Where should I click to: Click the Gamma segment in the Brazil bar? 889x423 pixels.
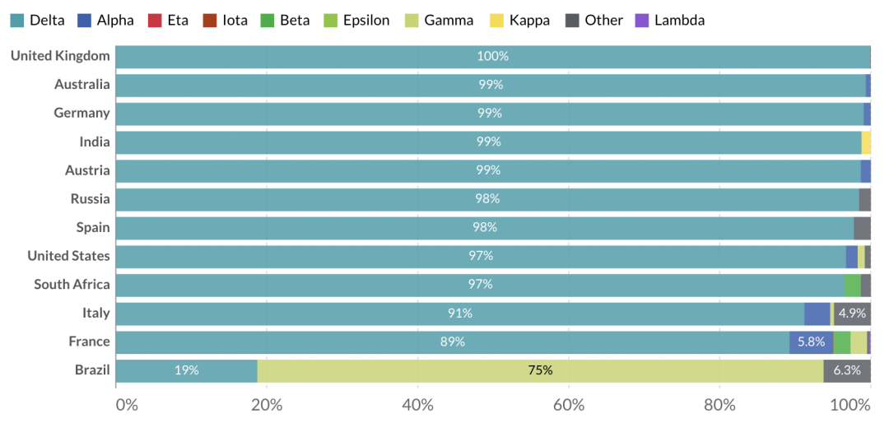[540, 370]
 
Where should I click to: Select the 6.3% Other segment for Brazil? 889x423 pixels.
[847, 370]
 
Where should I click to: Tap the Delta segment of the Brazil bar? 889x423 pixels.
[186, 370]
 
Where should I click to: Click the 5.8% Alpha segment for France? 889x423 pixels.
[811, 342]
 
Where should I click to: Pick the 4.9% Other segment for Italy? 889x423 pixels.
[852, 314]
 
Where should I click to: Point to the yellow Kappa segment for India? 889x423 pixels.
[866, 142]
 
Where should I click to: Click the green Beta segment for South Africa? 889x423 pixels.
[852, 285]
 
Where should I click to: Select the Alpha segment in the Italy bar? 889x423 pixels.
[817, 314]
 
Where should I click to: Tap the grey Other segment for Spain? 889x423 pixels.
[862, 227]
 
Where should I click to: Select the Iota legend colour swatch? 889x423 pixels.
[209, 20]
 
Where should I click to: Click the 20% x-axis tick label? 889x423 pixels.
[267, 405]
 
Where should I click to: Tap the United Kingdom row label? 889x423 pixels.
[60, 56]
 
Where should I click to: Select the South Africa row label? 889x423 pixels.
[72, 285]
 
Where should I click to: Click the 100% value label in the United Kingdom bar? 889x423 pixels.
[492, 56]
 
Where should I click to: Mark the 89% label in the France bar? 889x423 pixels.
[453, 342]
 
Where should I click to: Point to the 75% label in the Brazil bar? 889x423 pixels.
[540, 370]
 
